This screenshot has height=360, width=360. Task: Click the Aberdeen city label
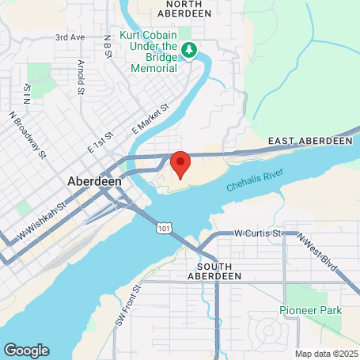coord(94,180)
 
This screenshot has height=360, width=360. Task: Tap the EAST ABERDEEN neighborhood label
coord(309,140)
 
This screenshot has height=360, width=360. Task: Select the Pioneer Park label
coord(310,310)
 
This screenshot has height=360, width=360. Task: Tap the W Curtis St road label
coord(259,233)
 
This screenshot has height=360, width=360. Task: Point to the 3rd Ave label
coord(70,37)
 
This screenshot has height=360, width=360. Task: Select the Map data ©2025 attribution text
coord(326,353)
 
